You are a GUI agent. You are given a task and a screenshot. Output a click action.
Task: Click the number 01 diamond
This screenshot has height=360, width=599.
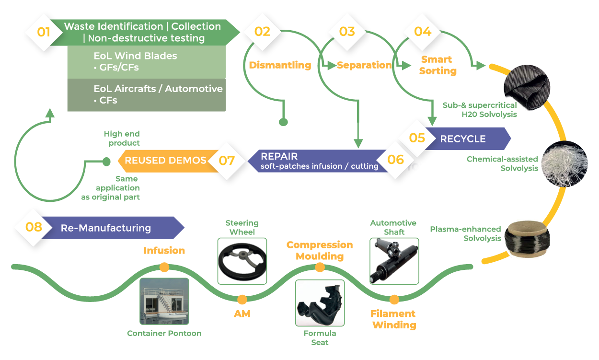pyautogui.click(x=44, y=33)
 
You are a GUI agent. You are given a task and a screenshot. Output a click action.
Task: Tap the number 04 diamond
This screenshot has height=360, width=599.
pyautogui.click(x=423, y=32)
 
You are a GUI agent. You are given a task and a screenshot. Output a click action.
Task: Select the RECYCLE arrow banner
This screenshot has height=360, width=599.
pyautogui.click(x=462, y=139)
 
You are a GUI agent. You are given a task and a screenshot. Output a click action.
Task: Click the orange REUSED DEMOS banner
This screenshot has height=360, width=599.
pyautogui.click(x=165, y=161)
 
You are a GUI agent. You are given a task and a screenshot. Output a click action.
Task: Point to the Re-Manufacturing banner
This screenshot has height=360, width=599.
pyautogui.click(x=105, y=228)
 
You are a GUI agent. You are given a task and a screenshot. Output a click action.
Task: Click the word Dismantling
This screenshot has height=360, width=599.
pyautogui.click(x=279, y=65)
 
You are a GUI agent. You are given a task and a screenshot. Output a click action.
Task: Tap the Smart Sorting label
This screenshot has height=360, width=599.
pyautogui.click(x=437, y=65)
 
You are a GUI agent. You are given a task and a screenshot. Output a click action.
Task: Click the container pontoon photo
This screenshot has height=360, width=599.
pyautogui.click(x=164, y=301)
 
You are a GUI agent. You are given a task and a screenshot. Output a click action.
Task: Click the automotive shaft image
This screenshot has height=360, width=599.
pyautogui.click(x=394, y=261)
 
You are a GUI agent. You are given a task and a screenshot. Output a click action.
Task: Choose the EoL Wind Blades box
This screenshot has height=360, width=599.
pyautogui.click(x=146, y=62)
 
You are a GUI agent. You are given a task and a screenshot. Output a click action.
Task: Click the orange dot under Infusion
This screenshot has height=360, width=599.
pyautogui.click(x=164, y=267)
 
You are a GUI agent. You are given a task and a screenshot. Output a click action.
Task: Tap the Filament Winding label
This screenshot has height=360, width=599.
pyautogui.click(x=393, y=319)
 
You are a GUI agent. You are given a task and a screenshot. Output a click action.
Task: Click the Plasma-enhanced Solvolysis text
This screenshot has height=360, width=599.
pyautogui.click(x=465, y=233)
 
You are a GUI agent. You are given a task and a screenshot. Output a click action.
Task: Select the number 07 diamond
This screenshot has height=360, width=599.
pyautogui.click(x=227, y=160)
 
